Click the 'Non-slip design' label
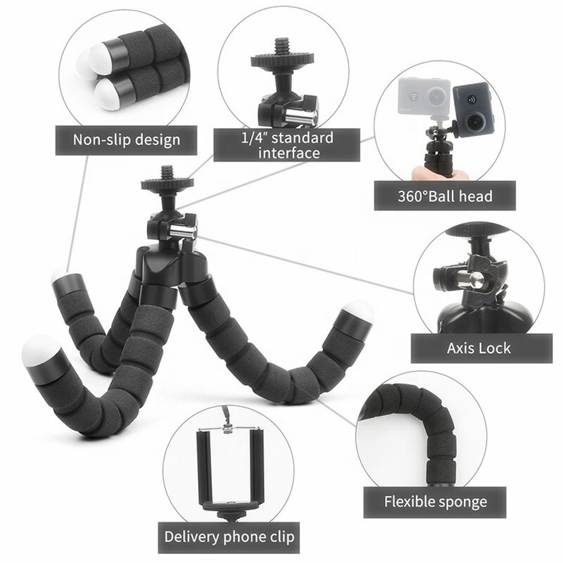(126, 139)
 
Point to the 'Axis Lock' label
(479, 347)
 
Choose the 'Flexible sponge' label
(435, 502)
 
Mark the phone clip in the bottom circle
(229, 468)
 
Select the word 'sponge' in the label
(463, 502)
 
